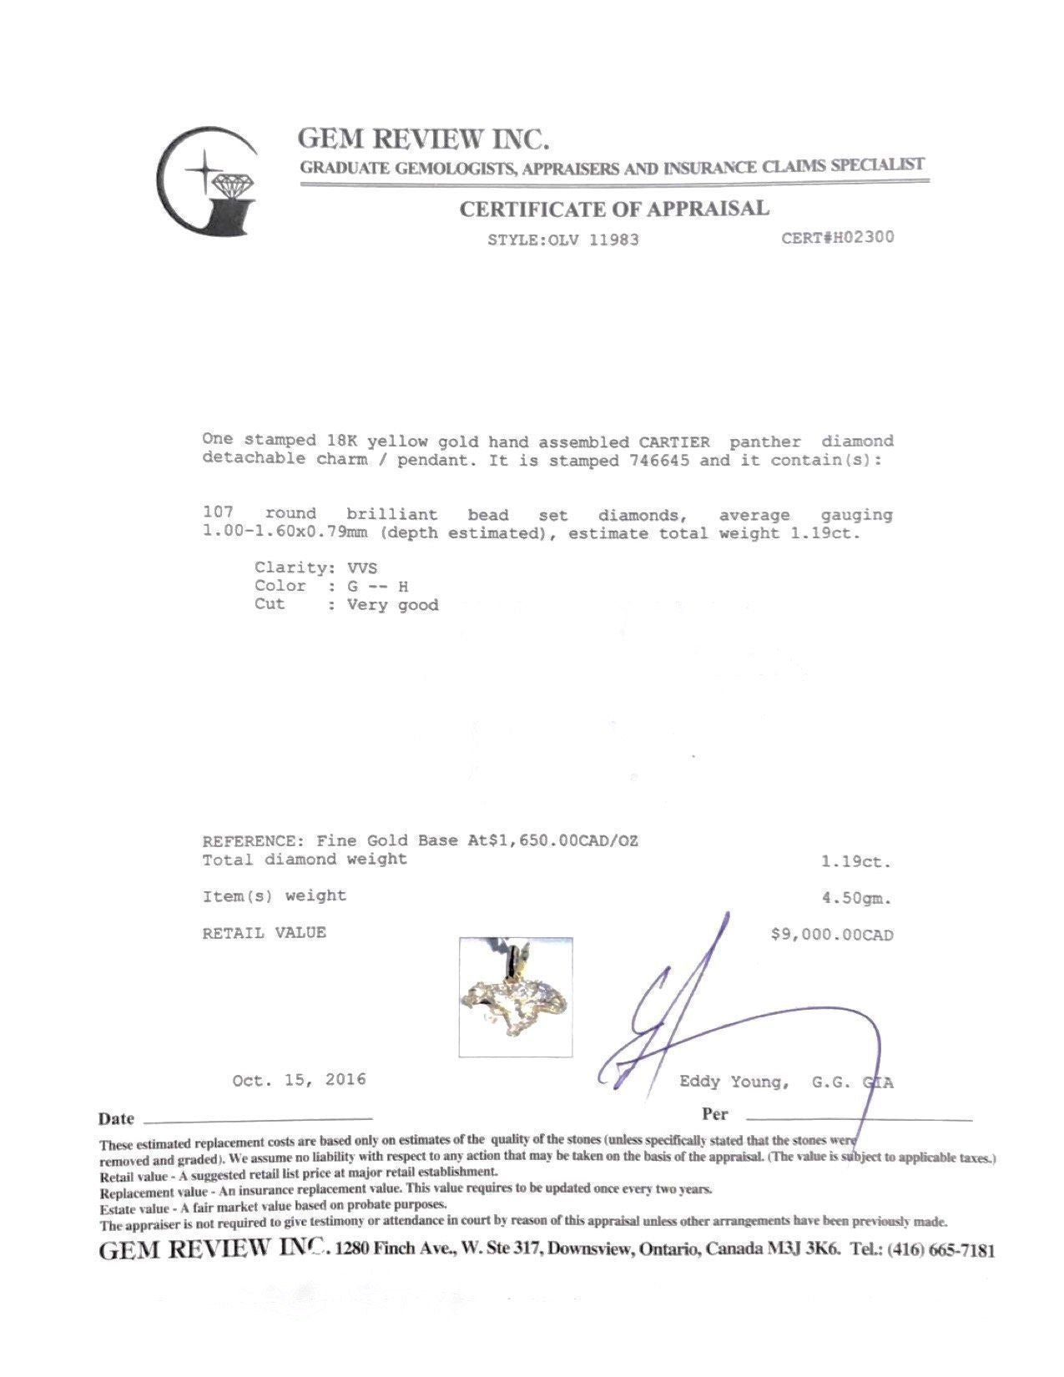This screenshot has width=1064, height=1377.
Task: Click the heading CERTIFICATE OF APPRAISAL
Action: (614, 209)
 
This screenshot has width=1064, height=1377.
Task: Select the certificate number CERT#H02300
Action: (837, 237)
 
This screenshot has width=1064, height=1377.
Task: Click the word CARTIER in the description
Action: (674, 441)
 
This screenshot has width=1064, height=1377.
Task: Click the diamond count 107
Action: (218, 514)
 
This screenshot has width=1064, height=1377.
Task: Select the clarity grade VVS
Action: (362, 567)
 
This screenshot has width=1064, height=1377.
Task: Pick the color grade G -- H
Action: (377, 586)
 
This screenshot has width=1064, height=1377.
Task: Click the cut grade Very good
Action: (393, 605)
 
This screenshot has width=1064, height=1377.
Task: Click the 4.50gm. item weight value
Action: (856, 899)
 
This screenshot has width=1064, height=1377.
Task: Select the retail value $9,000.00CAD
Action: (832, 935)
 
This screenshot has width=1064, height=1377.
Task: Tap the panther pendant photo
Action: (516, 997)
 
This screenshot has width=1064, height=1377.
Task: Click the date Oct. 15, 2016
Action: (299, 1080)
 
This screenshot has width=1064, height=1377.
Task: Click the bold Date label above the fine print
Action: (116, 1119)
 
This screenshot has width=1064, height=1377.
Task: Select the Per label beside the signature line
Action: (715, 1114)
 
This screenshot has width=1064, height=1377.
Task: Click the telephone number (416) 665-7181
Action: (940, 1250)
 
